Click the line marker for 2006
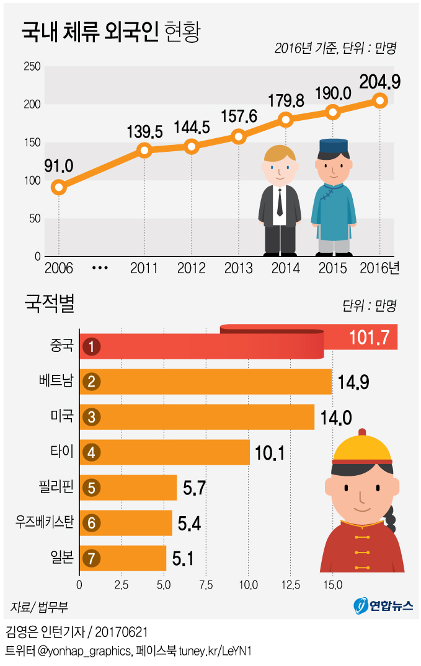tap(58, 187)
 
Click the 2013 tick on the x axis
tap(238, 268)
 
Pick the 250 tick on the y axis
tap(32, 67)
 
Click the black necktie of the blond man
tap(280, 201)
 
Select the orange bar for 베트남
tap(211, 381)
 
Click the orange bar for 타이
tap(167, 452)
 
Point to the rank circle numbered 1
tap(91, 346)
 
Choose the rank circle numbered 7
tap(91, 558)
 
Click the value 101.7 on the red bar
tap(368, 337)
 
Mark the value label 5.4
tap(188, 525)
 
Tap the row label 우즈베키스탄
tap(45, 522)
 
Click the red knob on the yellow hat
tap(362, 432)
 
